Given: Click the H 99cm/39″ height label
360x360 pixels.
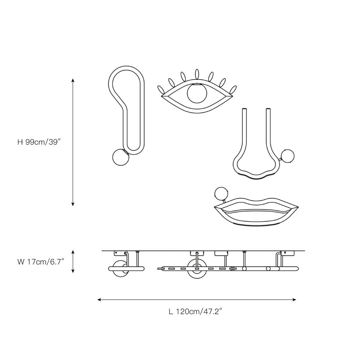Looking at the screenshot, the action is (39, 142).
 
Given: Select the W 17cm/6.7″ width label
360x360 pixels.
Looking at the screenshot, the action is (41, 262).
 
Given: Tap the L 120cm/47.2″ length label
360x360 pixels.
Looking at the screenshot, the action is (195, 311).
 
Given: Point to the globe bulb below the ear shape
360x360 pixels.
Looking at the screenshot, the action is (121, 157).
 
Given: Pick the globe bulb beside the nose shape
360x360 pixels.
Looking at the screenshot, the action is (288, 156).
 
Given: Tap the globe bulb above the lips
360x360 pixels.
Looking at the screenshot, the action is (221, 194).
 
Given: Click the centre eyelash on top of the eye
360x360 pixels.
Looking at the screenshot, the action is (197, 74).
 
